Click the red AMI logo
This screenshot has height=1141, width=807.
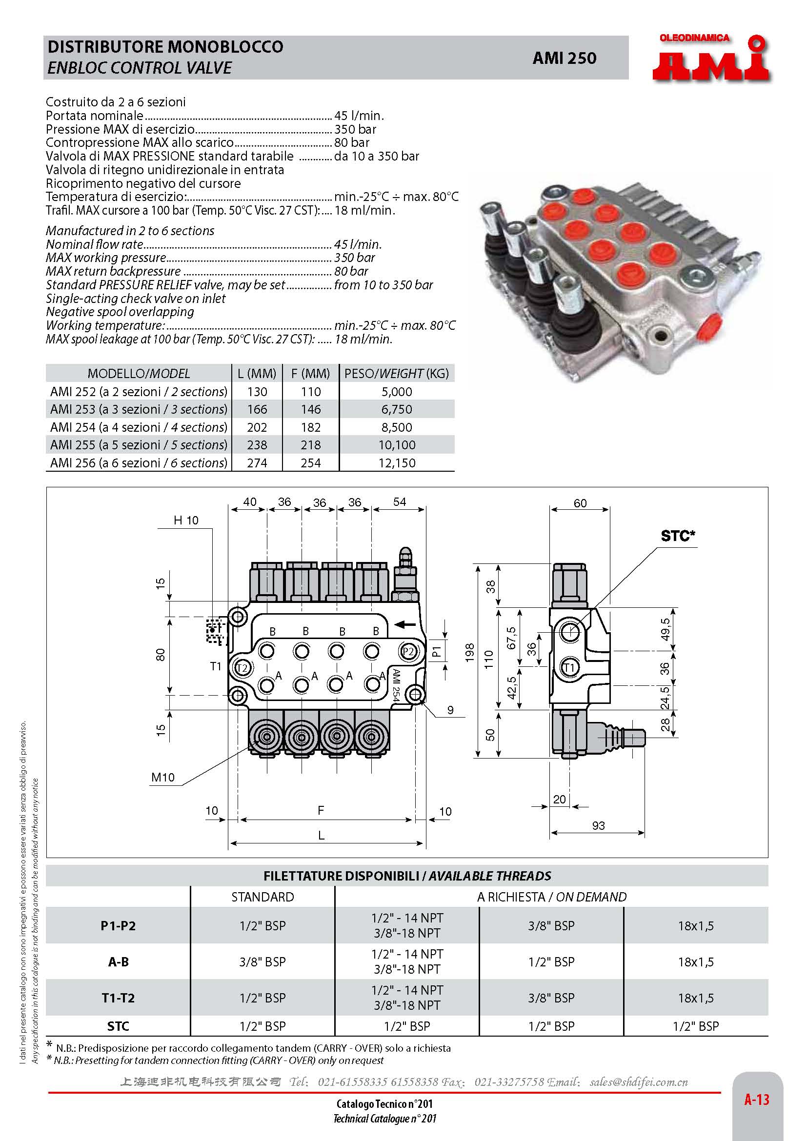point(710,60)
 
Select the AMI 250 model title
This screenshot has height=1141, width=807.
point(564,58)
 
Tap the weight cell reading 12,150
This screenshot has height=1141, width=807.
point(397,462)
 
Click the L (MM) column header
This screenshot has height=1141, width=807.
point(257,373)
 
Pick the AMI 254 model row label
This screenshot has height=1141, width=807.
point(139,427)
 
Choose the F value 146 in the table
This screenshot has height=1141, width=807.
point(311,409)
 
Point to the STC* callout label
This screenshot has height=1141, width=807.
point(677,536)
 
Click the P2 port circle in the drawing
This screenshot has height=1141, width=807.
point(408,652)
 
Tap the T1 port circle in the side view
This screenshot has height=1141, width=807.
point(569,668)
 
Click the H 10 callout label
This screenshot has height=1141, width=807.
point(186,520)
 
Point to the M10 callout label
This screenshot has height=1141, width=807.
point(163,777)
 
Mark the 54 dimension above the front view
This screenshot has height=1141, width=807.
point(400,502)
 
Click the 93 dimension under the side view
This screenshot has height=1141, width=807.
point(598,825)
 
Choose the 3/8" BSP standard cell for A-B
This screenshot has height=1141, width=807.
point(262,961)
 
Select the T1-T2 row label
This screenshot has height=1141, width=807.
point(118,998)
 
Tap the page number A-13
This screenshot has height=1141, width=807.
point(756,1100)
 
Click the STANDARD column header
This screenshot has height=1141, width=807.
point(262,897)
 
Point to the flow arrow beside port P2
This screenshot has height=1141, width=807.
point(405,624)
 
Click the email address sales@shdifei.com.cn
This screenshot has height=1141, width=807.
point(639,1082)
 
